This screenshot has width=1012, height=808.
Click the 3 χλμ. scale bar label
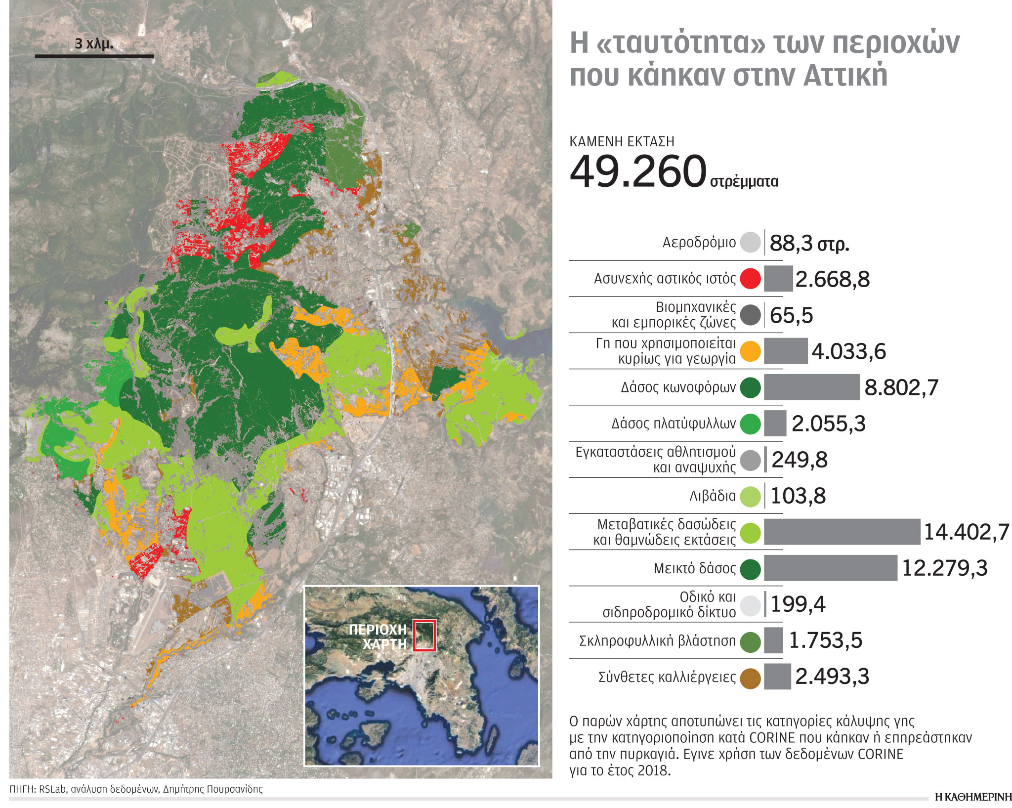pos(94,44)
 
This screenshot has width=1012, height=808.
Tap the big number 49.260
pos(638,171)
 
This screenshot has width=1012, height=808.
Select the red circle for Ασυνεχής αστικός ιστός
pos(750,279)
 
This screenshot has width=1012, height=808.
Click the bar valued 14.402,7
pos(842,532)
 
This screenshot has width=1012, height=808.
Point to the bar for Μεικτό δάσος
pos(830,568)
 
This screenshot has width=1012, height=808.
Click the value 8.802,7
pos(901,387)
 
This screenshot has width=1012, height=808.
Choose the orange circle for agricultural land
pos(750,351)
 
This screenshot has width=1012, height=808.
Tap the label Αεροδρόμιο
pos(699,243)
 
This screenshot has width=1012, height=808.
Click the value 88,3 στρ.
pos(809,243)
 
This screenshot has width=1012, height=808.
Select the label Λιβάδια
pos(712,496)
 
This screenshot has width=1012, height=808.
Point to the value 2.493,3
pos(832,677)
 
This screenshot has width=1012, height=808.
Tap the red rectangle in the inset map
pos(424,635)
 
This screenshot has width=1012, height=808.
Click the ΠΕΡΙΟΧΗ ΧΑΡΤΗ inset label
pos(378,637)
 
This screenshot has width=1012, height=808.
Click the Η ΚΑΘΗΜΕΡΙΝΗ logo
pos(973,797)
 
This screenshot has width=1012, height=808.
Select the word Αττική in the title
pos(845,76)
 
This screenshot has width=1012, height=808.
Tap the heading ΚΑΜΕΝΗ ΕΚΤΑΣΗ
pos(622,142)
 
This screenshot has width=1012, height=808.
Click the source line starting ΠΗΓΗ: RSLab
pos(136,789)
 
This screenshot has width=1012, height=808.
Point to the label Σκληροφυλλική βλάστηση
pos(657,641)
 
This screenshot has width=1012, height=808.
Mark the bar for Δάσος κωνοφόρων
pos(811,387)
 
